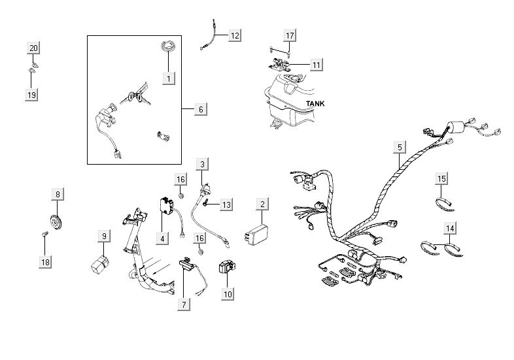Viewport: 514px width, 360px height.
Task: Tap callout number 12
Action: click(234, 35)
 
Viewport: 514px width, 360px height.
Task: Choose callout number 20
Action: click(33, 48)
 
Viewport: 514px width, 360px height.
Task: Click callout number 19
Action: click(31, 95)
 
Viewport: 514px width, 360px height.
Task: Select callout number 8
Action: click(58, 194)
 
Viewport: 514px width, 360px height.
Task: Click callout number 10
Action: click(227, 294)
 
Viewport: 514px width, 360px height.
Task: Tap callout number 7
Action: click(185, 304)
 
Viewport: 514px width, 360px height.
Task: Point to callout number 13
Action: click(225, 205)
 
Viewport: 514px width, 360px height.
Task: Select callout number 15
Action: click(442, 178)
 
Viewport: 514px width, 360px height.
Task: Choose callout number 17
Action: click(290, 34)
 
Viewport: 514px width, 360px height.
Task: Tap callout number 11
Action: click(316, 65)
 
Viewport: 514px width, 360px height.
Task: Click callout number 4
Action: click(161, 238)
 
